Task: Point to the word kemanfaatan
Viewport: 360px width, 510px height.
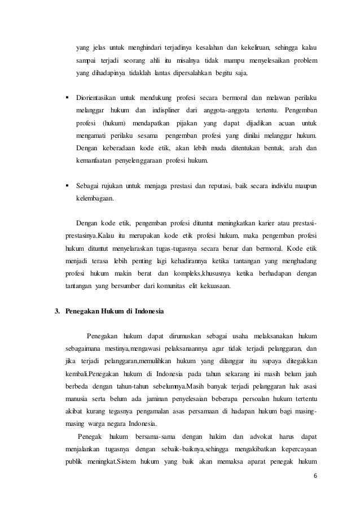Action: [x=93, y=162]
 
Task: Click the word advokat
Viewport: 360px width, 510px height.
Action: [x=257, y=437]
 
